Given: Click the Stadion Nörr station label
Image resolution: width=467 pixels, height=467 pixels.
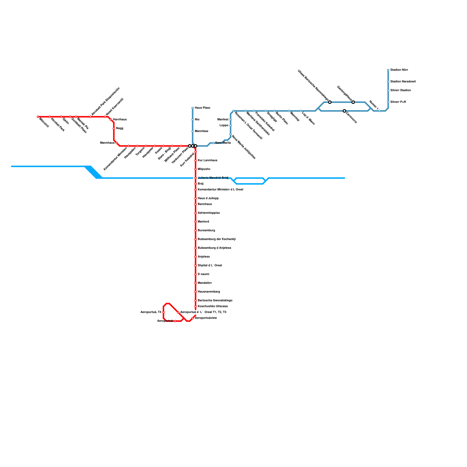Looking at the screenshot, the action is [x=399, y=70].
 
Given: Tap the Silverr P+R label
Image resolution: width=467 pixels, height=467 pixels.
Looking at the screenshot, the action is [x=398, y=102].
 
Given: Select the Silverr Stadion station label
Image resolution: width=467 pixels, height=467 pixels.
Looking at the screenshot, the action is [x=400, y=90].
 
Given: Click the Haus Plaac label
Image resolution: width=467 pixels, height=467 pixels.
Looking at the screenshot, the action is [x=203, y=108].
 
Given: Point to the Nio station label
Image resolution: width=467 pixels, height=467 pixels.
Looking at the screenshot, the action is [x=197, y=120].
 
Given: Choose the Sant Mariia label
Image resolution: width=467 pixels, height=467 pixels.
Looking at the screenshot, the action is [x=223, y=143].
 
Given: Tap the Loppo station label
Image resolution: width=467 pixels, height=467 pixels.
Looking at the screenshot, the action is [x=224, y=126].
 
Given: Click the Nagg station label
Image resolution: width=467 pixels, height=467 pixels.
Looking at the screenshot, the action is [x=120, y=128].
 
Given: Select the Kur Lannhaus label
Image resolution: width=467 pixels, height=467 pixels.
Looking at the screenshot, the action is [x=208, y=161].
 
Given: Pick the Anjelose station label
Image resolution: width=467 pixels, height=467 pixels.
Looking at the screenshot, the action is [x=204, y=257].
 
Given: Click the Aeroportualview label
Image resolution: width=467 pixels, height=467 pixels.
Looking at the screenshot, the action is [x=206, y=318].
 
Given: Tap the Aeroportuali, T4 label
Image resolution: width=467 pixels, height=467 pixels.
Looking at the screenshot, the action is [x=151, y=312].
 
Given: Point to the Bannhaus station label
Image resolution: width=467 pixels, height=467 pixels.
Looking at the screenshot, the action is [x=205, y=204].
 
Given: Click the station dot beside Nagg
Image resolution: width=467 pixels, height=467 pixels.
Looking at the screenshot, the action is [x=114, y=128].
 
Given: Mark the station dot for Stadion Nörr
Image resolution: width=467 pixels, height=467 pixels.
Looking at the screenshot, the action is [x=388, y=70].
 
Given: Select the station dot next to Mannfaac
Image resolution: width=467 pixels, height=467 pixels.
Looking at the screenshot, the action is [x=193, y=131].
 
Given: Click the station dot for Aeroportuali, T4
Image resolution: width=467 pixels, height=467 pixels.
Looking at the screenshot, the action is [x=163, y=312].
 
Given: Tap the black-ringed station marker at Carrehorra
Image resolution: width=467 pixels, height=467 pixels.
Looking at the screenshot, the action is [x=344, y=111].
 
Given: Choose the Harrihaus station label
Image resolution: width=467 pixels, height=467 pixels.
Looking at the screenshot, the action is [x=120, y=120].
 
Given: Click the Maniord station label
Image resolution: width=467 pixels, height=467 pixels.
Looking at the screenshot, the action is [x=203, y=222].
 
